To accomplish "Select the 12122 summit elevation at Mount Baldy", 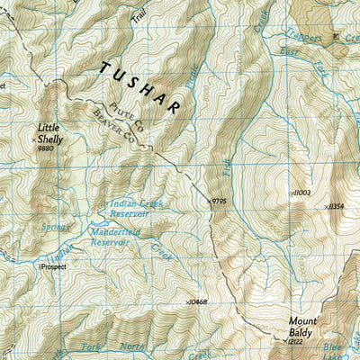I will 299,342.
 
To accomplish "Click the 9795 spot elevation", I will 221,202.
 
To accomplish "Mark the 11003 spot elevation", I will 300,193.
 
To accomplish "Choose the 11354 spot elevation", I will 337,206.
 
